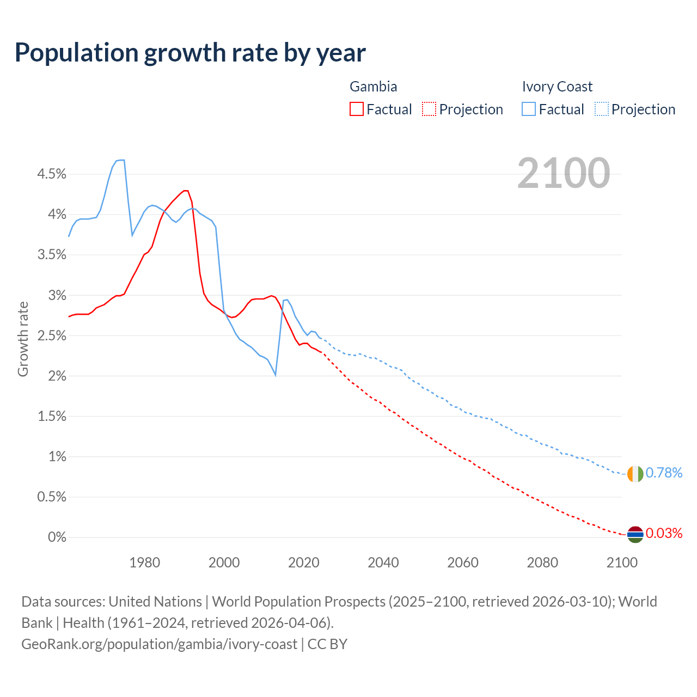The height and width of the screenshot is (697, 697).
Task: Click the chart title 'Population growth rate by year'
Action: [x=190, y=53]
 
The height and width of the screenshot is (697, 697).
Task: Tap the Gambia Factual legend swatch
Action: [x=356, y=109]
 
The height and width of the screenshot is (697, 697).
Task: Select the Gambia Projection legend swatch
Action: [x=429, y=109]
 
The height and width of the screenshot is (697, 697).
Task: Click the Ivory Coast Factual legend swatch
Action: [x=528, y=109]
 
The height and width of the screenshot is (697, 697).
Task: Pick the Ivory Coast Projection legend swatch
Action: [x=601, y=109]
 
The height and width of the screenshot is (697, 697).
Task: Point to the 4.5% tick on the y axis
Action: [x=51, y=174]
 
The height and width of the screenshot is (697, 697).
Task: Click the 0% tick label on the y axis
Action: [x=57, y=537]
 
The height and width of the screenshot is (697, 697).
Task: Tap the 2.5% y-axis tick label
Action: [x=51, y=336]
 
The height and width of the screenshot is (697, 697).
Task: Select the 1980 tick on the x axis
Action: [x=144, y=563]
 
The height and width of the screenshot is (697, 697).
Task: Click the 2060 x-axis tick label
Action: [x=463, y=563]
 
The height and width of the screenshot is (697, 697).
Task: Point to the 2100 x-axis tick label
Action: [x=622, y=563]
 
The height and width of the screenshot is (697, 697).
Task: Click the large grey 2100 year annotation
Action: [x=563, y=173]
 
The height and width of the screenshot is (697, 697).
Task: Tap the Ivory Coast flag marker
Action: [x=635, y=474]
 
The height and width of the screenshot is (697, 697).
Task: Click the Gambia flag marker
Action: [x=635, y=535]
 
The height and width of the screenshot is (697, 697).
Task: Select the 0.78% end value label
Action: [x=664, y=473]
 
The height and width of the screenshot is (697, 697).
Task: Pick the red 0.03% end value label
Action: [x=664, y=533]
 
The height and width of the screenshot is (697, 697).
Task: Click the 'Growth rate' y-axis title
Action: [x=23, y=339]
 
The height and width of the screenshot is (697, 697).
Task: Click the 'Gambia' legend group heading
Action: [x=373, y=87]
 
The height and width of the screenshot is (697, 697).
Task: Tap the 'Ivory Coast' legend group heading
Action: [x=557, y=87]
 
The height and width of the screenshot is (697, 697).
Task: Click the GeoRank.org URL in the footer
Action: [x=159, y=644]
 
